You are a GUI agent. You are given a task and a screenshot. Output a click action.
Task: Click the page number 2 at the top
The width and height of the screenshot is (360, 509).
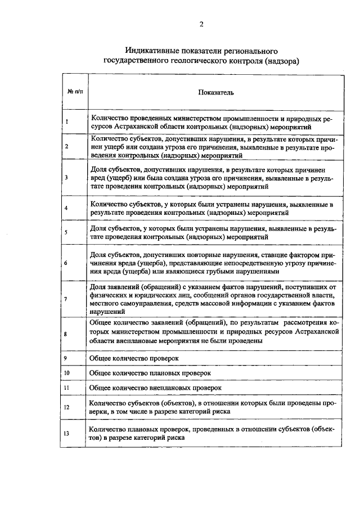pos(200,24)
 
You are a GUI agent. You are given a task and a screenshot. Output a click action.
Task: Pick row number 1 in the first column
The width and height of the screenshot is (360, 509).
pos(66,121)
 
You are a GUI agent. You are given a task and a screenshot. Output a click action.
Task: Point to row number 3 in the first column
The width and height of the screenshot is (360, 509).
pos(66,177)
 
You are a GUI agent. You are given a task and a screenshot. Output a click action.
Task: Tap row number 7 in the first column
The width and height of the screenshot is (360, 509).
pos(66,299)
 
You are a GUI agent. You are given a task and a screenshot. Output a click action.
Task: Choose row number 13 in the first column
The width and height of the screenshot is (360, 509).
pos(67,433)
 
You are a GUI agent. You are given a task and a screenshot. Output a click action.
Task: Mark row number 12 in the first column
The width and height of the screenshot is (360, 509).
pos(67,407)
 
